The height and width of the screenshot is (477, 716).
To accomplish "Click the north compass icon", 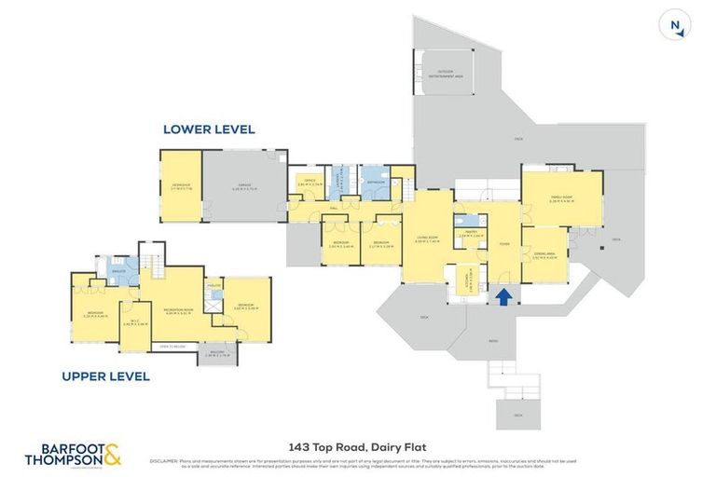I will point(674,25).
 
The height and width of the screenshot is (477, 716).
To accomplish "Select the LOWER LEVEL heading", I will point(209,129).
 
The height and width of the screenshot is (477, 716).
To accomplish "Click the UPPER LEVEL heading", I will point(105,376).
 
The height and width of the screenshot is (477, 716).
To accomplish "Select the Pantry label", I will point(471,235).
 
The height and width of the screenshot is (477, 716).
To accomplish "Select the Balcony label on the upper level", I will point(216,352).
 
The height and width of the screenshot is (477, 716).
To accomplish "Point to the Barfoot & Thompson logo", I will point(73,455).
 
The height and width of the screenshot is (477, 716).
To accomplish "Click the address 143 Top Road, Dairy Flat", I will point(358,446).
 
